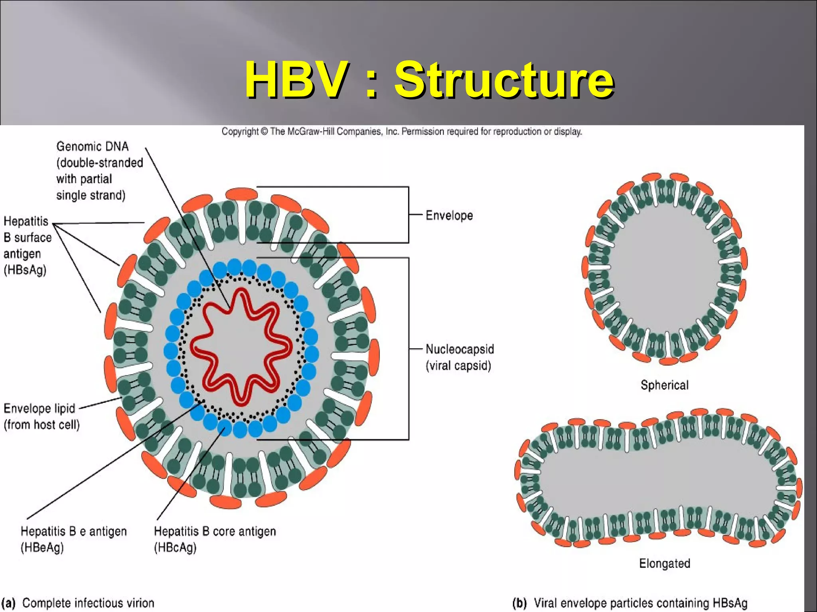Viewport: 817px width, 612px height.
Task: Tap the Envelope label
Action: (449, 216)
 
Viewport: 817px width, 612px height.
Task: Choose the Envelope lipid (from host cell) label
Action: (41, 416)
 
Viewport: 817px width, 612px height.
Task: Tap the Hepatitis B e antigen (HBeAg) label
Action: (73, 539)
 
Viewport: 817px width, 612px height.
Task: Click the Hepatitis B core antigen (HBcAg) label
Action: (215, 539)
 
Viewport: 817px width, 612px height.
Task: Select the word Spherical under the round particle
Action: (664, 385)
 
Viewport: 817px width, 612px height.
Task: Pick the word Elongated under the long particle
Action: (664, 563)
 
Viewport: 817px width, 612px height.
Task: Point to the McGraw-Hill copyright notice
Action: (402, 131)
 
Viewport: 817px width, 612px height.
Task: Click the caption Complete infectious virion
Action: (88, 603)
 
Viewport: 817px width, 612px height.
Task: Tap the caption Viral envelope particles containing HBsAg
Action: (640, 603)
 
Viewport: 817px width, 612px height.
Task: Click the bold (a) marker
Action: (9, 603)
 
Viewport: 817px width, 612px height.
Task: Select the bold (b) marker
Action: (519, 603)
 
